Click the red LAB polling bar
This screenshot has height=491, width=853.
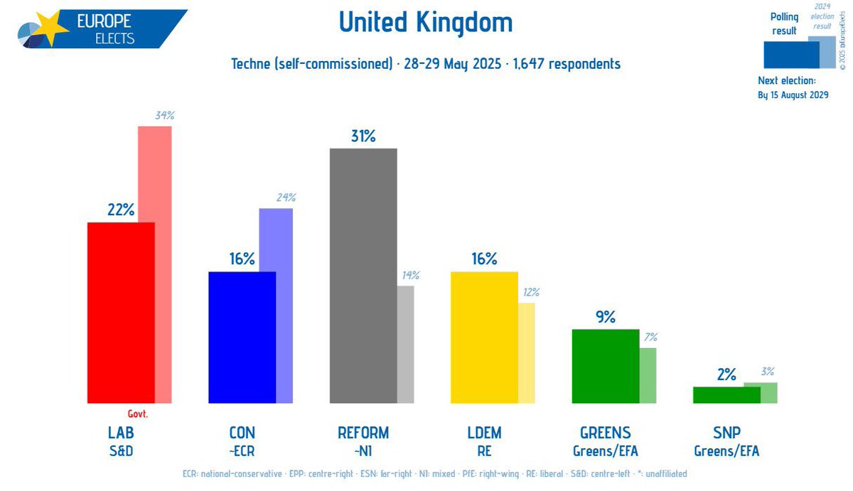tap(120, 313)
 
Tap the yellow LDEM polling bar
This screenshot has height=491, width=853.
tap(484, 338)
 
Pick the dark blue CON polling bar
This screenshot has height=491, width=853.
tap(242, 338)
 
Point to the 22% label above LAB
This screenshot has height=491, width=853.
tap(121, 210)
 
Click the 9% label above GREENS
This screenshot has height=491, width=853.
tap(606, 317)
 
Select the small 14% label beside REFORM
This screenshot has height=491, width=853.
tap(410, 275)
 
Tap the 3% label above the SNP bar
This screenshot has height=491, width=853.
tap(767, 371)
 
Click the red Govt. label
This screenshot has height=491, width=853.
tap(138, 414)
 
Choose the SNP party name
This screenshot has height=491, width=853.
tap(726, 433)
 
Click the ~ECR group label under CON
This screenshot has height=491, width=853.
tap(242, 450)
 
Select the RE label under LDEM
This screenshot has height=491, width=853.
tap(484, 450)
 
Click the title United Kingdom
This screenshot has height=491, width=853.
tap(425, 22)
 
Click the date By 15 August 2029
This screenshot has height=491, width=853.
tap(793, 95)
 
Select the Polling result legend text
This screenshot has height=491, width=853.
tap(785, 23)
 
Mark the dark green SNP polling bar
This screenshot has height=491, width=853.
tap(726, 395)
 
